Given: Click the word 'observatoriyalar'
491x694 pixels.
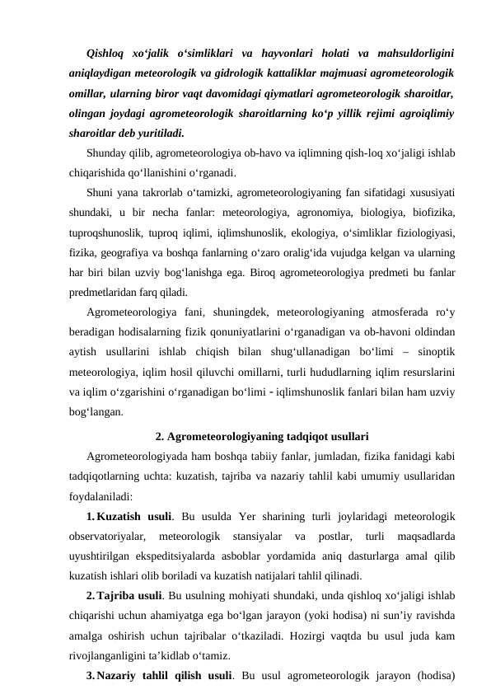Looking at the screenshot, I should [113, 536].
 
